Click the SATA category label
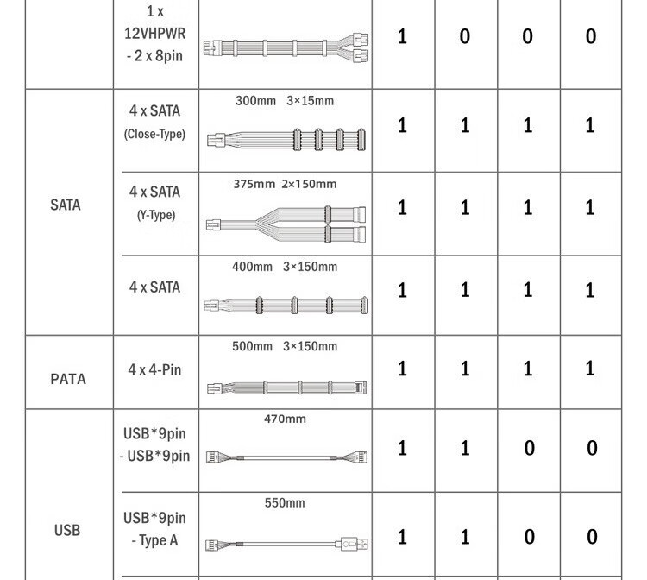point(66,205)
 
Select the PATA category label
point(68,379)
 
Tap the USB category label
point(67,530)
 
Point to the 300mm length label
point(255,101)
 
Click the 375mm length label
point(254,184)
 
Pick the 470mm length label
point(285,419)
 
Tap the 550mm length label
point(285,503)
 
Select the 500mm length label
point(252,346)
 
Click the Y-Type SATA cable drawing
point(286,224)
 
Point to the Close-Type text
point(154,134)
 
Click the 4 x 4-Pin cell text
point(154,370)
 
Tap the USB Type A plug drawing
point(354,544)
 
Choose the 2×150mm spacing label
point(309,184)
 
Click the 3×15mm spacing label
point(311,101)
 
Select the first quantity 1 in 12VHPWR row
point(402,36)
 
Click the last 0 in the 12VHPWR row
point(591,36)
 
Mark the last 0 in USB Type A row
point(592,537)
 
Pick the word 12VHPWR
point(154,34)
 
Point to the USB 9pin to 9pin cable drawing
point(286,457)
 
